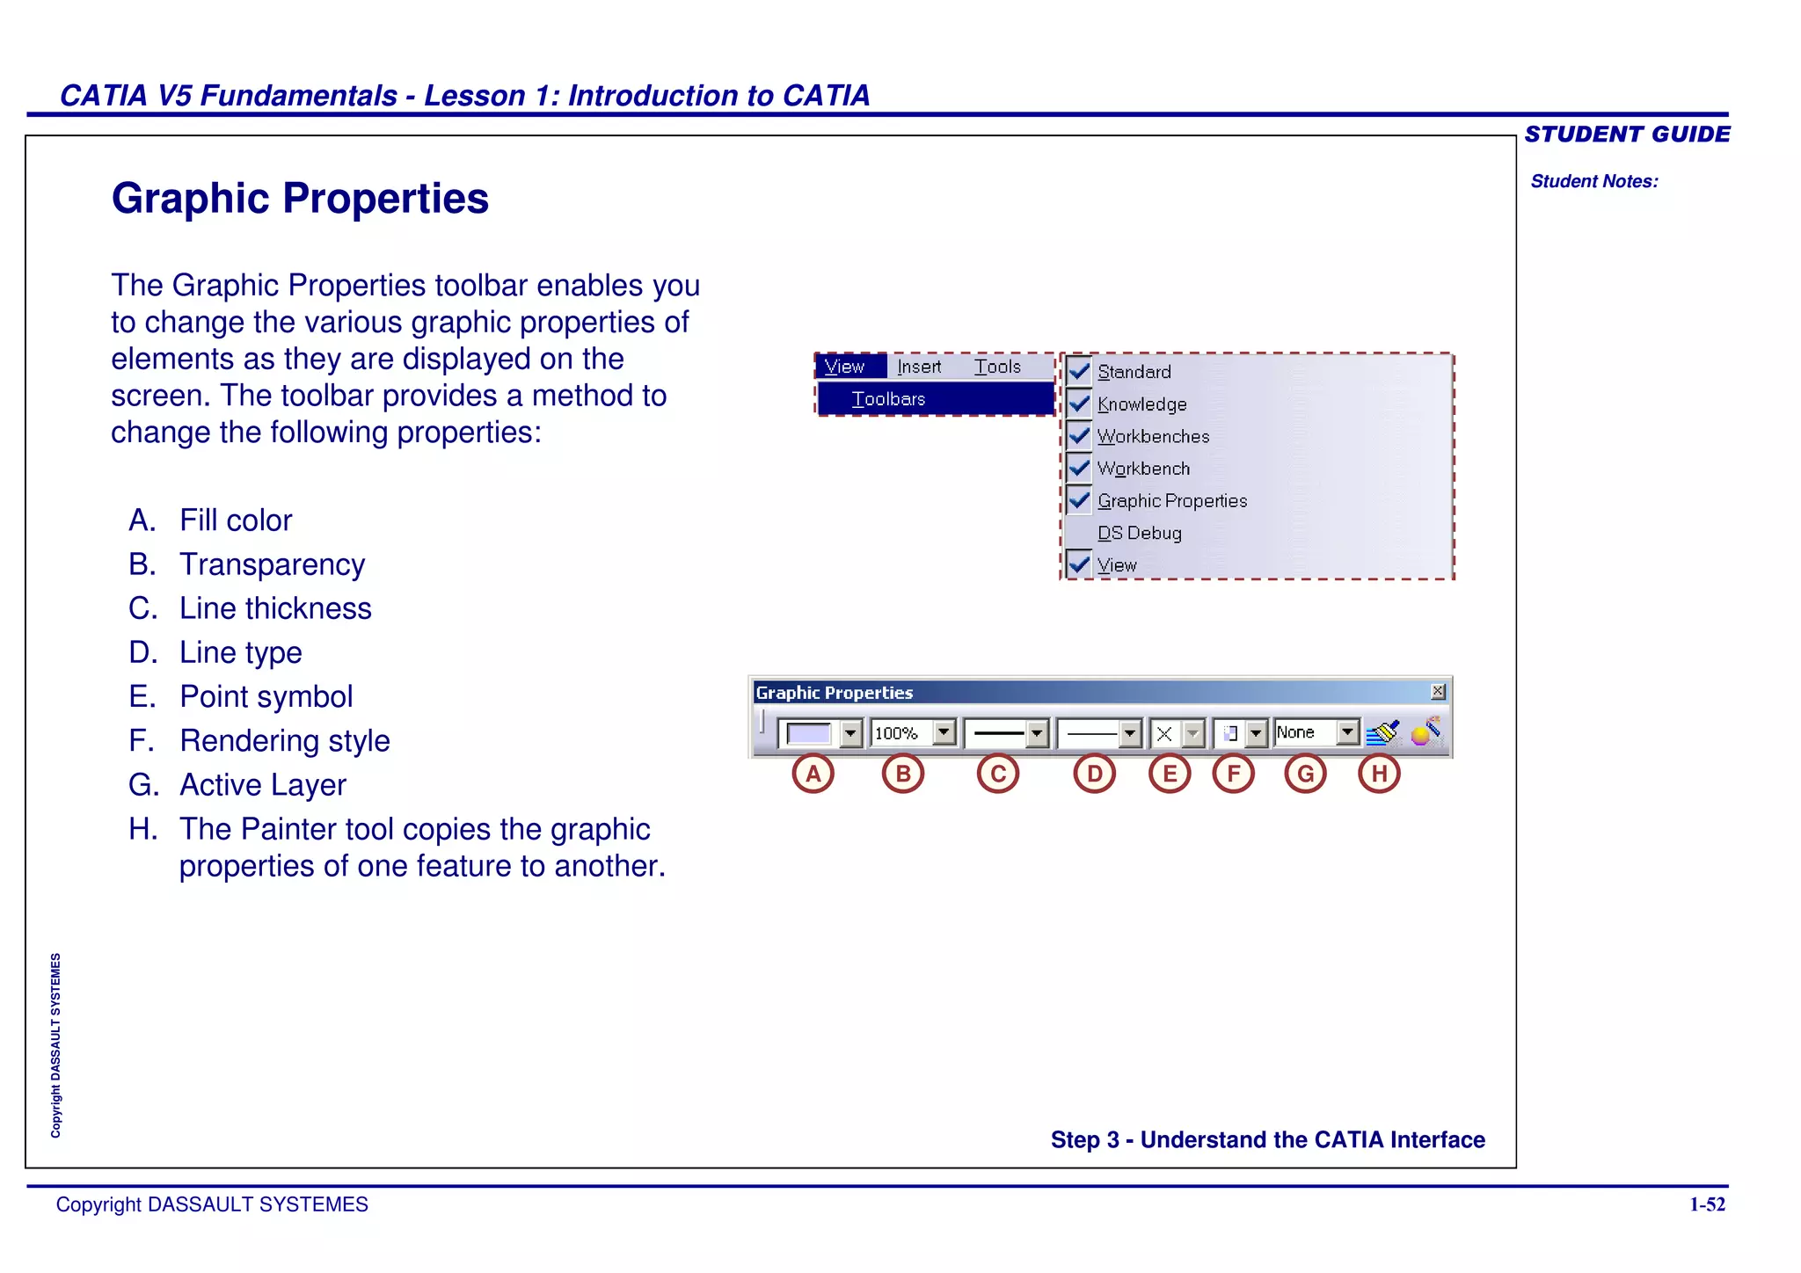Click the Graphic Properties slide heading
pyautogui.click(x=300, y=199)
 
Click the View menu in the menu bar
pyautogui.click(x=845, y=367)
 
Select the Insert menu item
pyautogui.click(x=919, y=367)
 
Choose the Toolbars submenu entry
pyautogui.click(x=888, y=399)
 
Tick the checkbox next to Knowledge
pyautogui.click(x=1079, y=404)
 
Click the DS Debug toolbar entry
pyautogui.click(x=1139, y=533)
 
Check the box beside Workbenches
pyautogui.click(x=1079, y=436)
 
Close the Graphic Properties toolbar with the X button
pyautogui.click(x=1438, y=692)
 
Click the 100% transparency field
pyautogui.click(x=899, y=733)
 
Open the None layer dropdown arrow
pyautogui.click(x=1347, y=732)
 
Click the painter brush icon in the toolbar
pyautogui.click(x=1383, y=732)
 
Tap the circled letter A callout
pyautogui.click(x=813, y=774)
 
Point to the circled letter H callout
pyautogui.click(x=1379, y=774)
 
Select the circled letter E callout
pyautogui.click(x=1170, y=774)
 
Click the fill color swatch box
pyautogui.click(x=809, y=733)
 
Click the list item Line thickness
pyautogui.click(x=275, y=608)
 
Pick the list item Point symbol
pyautogui.click(x=266, y=696)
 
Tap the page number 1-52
pyautogui.click(x=1707, y=1204)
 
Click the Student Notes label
pyautogui.click(x=1594, y=181)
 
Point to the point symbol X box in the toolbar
pyautogui.click(x=1164, y=733)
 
